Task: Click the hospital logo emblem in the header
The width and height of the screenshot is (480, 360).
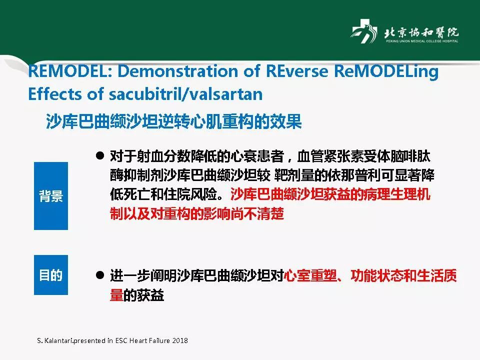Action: pyautogui.click(x=363, y=32)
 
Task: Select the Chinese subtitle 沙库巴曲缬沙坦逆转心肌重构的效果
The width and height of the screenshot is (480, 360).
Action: pyautogui.click(x=173, y=121)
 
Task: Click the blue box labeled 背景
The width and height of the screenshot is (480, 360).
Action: pyautogui.click(x=51, y=195)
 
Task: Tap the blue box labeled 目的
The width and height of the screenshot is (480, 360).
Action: pyautogui.click(x=51, y=275)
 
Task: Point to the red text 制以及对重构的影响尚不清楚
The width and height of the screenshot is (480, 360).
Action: pyautogui.click(x=197, y=214)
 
